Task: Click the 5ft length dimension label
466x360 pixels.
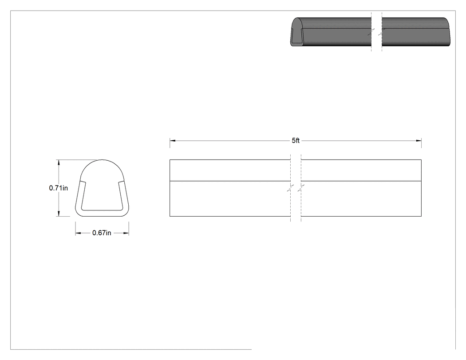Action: point(296,141)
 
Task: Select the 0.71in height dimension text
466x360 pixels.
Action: point(58,188)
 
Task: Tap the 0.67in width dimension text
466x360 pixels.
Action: point(102,233)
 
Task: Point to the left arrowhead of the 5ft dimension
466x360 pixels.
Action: point(172,141)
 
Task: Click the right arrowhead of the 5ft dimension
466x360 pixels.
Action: point(419,141)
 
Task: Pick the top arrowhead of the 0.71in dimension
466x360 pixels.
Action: point(59,162)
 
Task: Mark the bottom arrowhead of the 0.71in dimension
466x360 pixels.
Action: point(59,214)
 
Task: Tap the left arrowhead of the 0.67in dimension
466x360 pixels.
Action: point(78,233)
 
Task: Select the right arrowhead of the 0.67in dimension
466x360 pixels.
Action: point(126,233)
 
